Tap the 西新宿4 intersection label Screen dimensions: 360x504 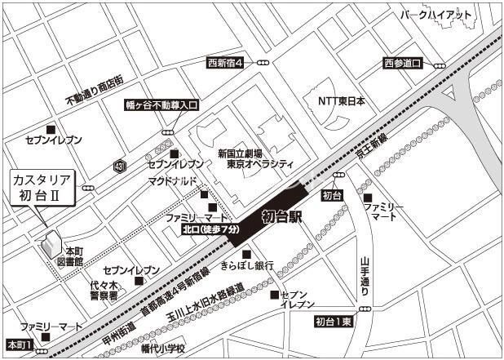225,62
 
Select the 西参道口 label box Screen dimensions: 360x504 403,63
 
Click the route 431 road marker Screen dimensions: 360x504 120,166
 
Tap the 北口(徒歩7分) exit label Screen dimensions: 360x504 211,230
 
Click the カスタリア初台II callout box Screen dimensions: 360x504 42,187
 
